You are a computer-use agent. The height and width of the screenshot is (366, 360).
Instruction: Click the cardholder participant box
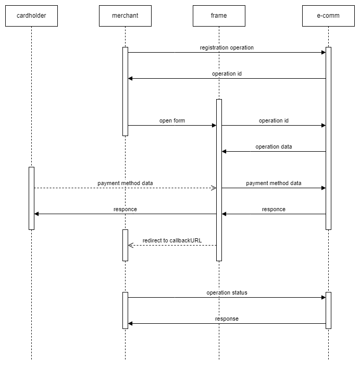tap(31, 16)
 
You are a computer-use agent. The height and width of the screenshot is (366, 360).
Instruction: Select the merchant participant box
tap(125, 16)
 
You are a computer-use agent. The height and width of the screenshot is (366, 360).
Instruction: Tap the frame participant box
tap(219, 16)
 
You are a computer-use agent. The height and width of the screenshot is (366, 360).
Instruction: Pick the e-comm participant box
tap(329, 16)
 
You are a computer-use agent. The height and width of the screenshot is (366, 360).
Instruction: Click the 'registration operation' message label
tap(227, 47)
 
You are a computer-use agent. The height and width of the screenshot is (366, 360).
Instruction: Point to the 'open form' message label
tap(172, 120)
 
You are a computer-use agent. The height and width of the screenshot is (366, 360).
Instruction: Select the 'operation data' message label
tap(274, 147)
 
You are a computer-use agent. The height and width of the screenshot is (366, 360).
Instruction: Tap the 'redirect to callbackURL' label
tap(172, 240)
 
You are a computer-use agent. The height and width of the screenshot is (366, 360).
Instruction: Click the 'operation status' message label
tap(227, 292)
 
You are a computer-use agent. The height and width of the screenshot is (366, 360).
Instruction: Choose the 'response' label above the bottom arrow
tap(227, 319)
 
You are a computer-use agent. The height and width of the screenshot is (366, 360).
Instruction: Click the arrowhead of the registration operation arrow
tap(324, 52)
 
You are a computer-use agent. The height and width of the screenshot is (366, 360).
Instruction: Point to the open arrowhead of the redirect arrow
tap(131, 246)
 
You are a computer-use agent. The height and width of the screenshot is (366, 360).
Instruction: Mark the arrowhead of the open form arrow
tap(214, 125)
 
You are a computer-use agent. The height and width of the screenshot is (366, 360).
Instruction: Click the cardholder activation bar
tap(31, 199)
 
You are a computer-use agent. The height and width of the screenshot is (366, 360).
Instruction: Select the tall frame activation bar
tap(219, 180)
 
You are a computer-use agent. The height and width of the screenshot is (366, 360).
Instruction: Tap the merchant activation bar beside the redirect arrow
tap(125, 246)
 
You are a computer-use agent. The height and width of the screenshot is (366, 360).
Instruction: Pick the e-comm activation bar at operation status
tap(329, 310)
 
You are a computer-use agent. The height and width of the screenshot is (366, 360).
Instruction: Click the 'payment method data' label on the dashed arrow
tap(125, 183)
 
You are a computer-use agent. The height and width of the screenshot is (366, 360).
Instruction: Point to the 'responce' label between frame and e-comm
tap(274, 210)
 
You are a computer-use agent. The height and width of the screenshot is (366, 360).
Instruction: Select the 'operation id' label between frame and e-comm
tap(274, 120)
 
